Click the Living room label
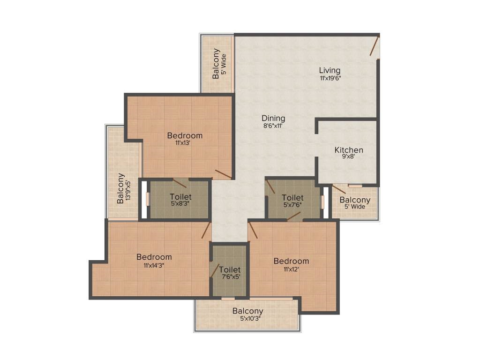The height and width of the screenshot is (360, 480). tap(330, 70)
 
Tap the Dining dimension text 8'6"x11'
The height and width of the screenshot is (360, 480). tap(273, 126)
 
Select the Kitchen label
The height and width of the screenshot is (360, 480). tap(349, 150)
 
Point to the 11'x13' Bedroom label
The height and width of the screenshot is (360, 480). tap(185, 135)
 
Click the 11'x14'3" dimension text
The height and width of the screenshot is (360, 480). tap(154, 265)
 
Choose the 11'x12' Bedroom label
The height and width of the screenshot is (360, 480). tap(291, 261)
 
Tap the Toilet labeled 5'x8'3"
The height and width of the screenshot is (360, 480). tap(180, 197)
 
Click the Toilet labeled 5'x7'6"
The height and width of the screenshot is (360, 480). tap(292, 197)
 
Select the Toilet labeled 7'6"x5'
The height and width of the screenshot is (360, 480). tap(230, 270)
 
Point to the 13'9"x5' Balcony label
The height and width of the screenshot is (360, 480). tap(120, 188)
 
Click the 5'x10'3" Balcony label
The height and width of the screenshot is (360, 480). tap(247, 311)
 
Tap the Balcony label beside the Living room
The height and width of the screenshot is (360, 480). tap(216, 63)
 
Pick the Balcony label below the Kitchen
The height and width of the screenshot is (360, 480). tap(355, 200)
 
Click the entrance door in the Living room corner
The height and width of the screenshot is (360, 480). tap(375, 46)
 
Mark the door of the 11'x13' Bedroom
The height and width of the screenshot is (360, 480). tap(223, 174)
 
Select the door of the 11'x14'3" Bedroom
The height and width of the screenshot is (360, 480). tap(206, 230)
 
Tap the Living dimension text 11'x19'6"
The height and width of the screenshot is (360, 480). tap(330, 78)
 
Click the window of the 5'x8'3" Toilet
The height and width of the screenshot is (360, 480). tap(147, 199)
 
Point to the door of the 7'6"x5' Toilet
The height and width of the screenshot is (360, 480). tap(214, 270)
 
